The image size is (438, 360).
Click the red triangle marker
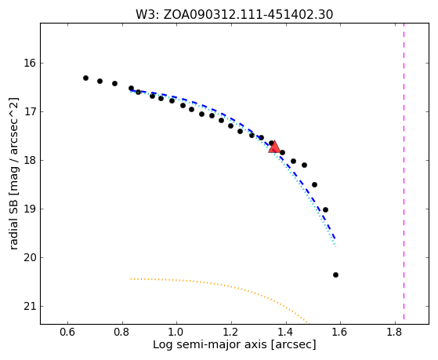click(274, 147)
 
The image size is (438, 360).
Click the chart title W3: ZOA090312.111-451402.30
click(234, 14)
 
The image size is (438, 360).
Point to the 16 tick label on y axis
click(30, 64)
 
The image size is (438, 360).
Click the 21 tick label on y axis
click(30, 307)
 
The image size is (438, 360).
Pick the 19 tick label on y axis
click(30, 209)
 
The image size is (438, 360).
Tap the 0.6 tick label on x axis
click(67, 332)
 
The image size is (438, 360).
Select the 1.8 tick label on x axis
click(395, 332)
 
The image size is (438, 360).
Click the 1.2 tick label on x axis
click(231, 332)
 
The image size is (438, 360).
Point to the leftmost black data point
click(85, 78)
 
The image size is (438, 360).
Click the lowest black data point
click(336, 275)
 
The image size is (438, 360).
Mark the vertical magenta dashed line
click(404, 171)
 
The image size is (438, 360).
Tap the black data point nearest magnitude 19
click(325, 209)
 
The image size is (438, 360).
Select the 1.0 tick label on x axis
click(176, 332)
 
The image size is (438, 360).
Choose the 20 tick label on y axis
click(30, 257)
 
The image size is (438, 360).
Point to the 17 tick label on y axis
click(30, 112)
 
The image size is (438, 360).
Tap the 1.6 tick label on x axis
click(340, 332)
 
